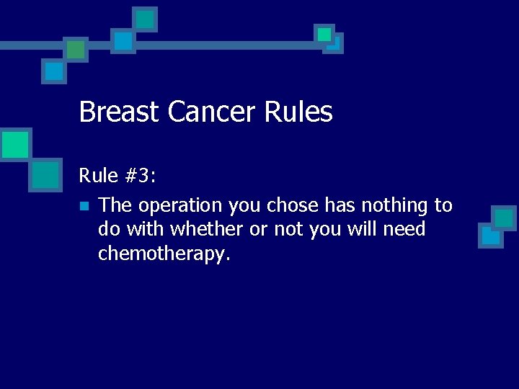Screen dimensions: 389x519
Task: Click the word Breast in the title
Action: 120,112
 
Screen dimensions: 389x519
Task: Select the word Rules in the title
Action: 299,112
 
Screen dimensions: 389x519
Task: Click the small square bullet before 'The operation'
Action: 84,207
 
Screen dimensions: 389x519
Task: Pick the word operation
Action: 181,206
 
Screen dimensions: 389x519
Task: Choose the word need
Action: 406,230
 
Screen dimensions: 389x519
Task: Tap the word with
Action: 143,230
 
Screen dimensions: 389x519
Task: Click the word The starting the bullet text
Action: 115,205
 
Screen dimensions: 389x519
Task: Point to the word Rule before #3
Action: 98,175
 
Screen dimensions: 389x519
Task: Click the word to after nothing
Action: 443,205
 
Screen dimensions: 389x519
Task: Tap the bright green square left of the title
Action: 14,145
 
